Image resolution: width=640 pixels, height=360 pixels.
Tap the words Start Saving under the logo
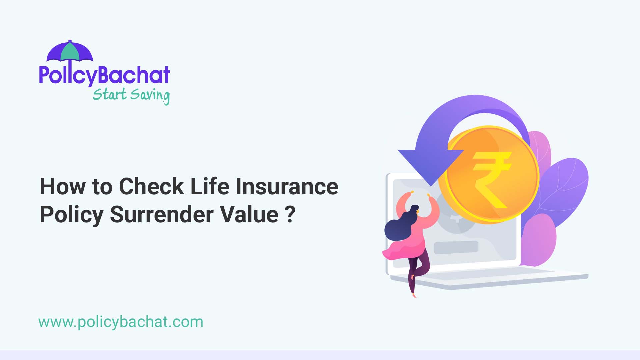[x=131, y=95]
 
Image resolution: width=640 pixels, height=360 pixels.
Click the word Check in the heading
[x=151, y=186]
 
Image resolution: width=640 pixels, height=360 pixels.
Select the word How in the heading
[x=63, y=186]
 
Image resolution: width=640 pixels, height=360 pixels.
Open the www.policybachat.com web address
[x=121, y=322]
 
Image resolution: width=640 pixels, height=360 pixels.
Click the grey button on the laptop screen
[x=456, y=247]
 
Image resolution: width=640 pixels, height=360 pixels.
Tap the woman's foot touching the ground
[x=414, y=295]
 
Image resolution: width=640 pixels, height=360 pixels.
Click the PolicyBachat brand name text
[x=104, y=75]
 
